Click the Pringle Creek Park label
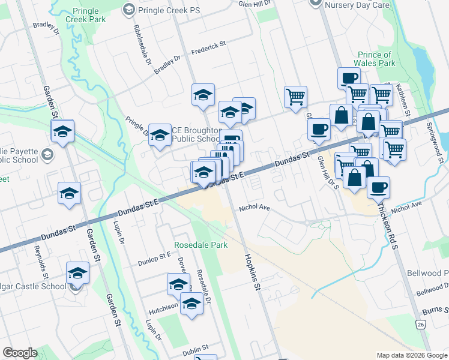88,16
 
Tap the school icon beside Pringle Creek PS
128,9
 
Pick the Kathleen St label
406,103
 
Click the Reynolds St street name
40,257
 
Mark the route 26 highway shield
420,324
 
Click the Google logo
20,353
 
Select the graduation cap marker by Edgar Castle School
77,273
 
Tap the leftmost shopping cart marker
295,96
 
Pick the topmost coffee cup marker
348,77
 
